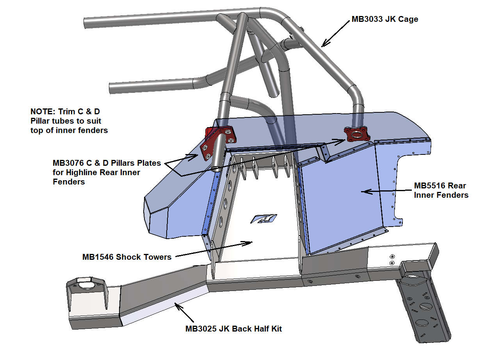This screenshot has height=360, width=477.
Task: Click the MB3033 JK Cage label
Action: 385,19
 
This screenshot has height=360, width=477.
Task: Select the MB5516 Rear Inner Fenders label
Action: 441,190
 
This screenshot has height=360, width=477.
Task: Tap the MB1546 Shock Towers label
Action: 127,257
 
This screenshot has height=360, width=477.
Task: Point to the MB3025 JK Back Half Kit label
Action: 233,329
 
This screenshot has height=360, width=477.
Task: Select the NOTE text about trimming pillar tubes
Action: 69,121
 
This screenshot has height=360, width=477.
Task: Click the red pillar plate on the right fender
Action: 356,135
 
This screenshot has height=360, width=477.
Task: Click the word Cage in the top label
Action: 408,19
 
